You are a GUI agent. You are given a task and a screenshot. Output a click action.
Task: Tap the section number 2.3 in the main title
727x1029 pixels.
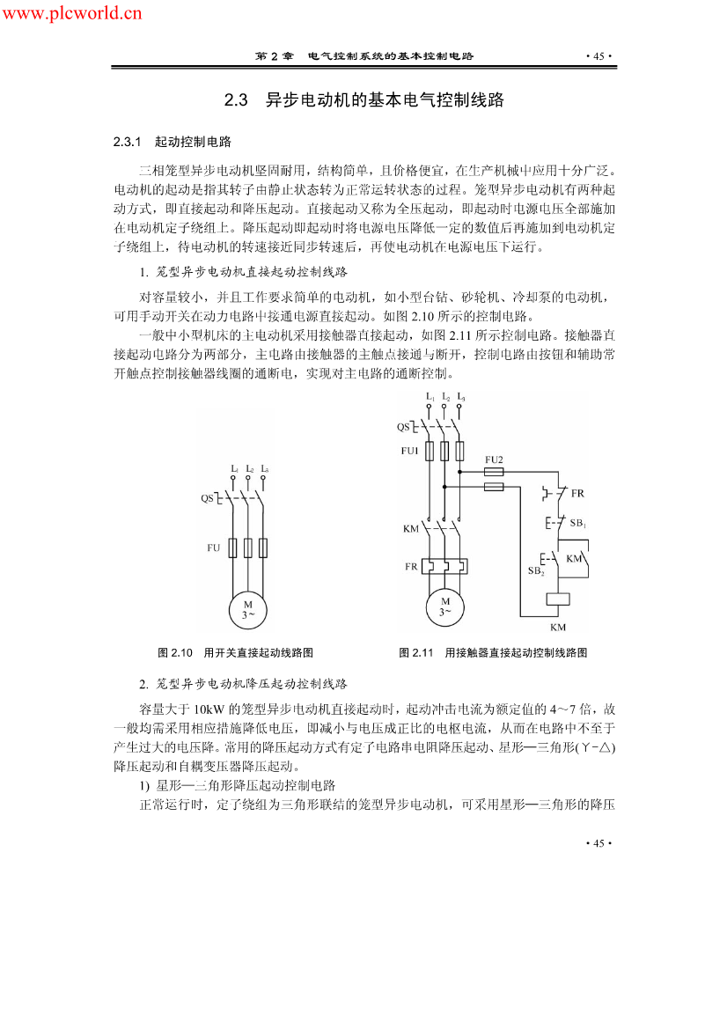coord(237,100)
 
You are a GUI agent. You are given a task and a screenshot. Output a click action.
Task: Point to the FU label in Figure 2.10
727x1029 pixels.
coord(214,548)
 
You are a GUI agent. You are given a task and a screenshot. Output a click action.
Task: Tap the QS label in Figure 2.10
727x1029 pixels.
coord(207,498)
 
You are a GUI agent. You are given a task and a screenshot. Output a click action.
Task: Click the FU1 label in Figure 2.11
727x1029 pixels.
coord(409,451)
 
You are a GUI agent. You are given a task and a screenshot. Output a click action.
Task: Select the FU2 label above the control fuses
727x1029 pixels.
coord(494,459)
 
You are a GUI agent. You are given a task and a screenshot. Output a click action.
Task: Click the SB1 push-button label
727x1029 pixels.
coord(578,523)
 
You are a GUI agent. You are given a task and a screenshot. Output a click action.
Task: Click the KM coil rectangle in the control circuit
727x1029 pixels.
coord(558,599)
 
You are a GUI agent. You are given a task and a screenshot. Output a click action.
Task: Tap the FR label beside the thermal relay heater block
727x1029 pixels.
coord(411,567)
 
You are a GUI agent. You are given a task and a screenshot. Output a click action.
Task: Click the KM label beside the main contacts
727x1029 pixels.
coord(411,528)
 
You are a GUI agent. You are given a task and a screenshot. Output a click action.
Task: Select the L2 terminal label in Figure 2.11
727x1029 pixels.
coord(446,397)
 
